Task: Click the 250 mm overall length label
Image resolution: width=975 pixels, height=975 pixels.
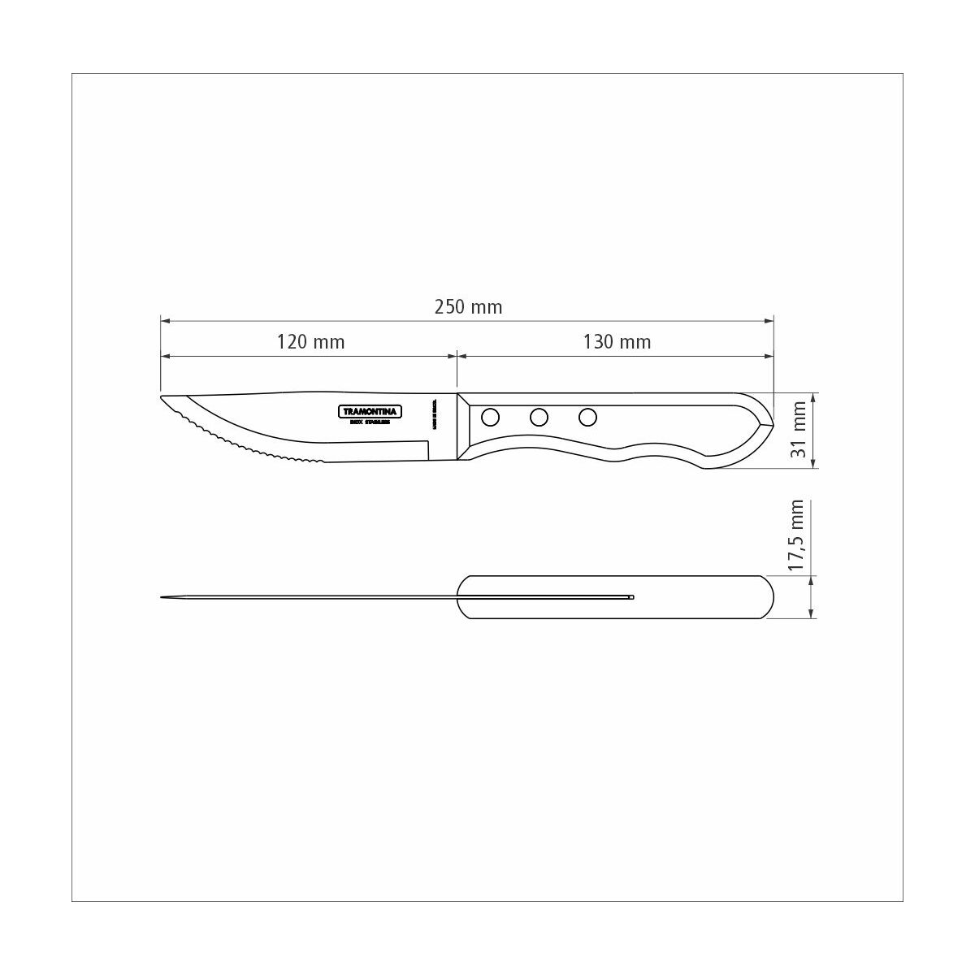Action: pyautogui.click(x=468, y=307)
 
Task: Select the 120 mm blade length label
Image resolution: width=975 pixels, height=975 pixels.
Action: pyautogui.click(x=310, y=342)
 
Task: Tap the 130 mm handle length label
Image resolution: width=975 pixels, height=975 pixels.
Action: pyautogui.click(x=617, y=342)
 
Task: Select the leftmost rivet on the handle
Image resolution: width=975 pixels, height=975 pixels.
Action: pyautogui.click(x=490, y=418)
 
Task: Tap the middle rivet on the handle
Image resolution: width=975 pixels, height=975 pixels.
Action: pyautogui.click(x=539, y=418)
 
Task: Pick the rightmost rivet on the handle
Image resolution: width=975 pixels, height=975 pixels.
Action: pyautogui.click(x=587, y=418)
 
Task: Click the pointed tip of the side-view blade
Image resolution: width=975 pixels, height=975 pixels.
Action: pyautogui.click(x=163, y=398)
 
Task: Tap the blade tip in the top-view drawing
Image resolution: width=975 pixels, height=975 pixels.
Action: pyautogui.click(x=163, y=598)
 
